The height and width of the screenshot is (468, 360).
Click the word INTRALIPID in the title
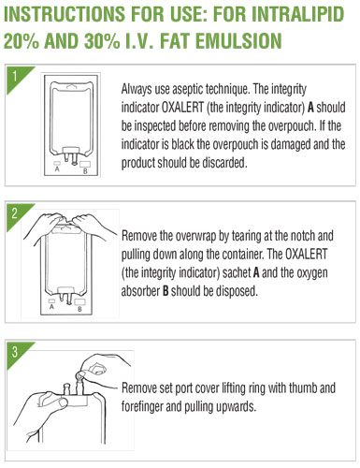297,13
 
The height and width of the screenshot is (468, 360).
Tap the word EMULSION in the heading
238,41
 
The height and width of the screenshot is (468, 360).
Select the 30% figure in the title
102,41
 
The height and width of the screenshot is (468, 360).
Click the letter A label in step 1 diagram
57,169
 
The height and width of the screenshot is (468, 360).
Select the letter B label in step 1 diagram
85,171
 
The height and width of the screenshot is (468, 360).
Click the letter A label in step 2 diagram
51,307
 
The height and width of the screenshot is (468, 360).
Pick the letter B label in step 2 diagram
79,309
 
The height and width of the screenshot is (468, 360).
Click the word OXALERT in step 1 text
182,108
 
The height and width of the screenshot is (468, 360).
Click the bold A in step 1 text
310,108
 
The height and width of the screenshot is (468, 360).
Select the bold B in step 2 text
166,291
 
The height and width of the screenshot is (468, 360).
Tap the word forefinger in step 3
142,406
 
